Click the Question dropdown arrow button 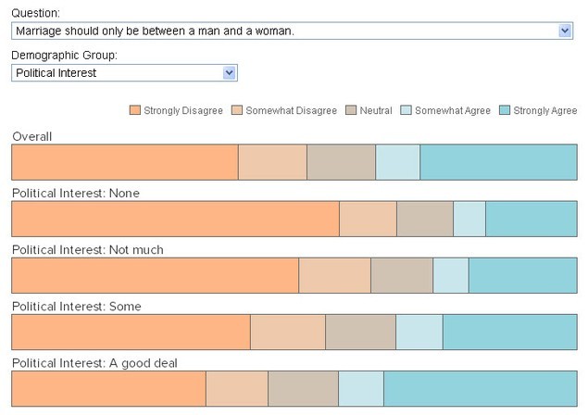[565, 31]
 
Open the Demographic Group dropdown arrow [229, 72]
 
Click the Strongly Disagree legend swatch [134, 110]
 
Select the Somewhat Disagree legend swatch [237, 110]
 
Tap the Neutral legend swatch [351, 110]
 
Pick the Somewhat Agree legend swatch [406, 110]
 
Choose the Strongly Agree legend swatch [505, 110]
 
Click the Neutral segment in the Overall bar [341, 162]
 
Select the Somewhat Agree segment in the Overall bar [397, 162]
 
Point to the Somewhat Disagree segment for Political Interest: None [368, 219]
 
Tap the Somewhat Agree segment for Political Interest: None [469, 219]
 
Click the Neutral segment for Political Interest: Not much [402, 275]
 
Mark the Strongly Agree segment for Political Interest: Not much [523, 275]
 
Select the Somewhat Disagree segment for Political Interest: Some [288, 332]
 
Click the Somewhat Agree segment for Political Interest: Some [419, 332]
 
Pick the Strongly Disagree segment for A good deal [108, 389]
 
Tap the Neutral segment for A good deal [303, 389]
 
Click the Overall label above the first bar [31, 136]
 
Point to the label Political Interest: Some [77, 307]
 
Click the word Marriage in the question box [38, 31]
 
